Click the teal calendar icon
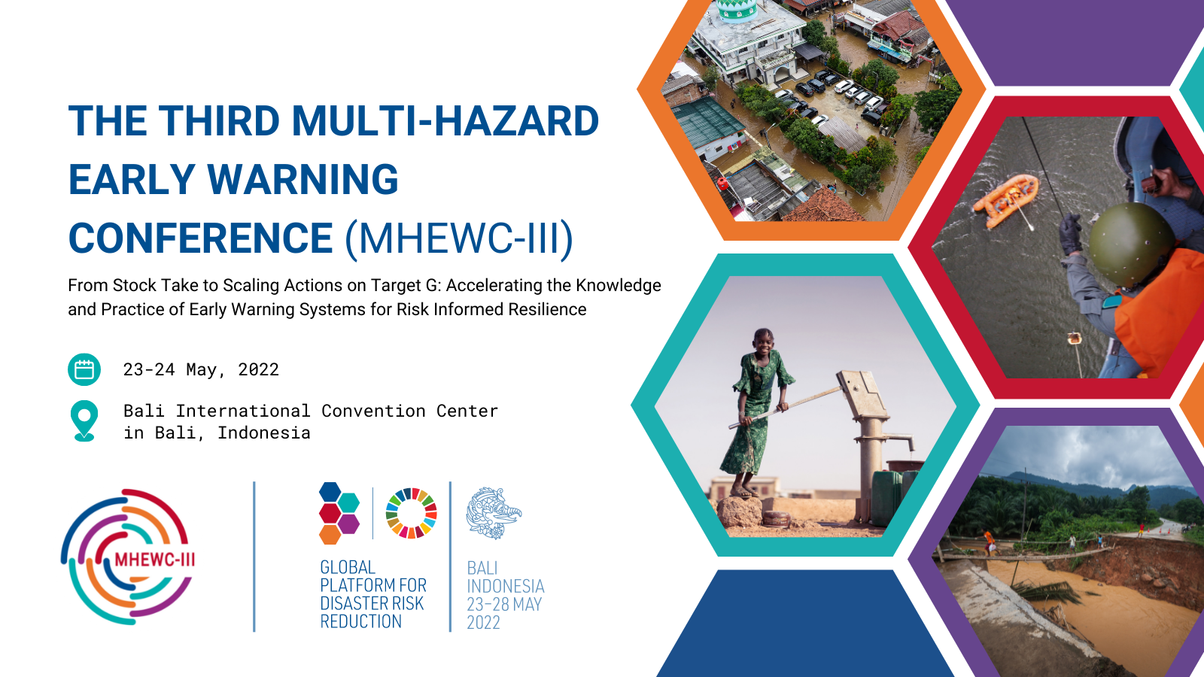tap(84, 369)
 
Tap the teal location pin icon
tap(84, 420)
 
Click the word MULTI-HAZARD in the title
tap(445, 120)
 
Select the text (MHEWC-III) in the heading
tap(459, 238)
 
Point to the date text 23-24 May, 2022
tap(201, 369)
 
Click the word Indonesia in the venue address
tap(264, 433)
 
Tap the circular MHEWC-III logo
tap(128, 557)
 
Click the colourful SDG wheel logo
tap(411, 513)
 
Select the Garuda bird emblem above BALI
tap(494, 513)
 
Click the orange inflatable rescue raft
tap(1006, 201)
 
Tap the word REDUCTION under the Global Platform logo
tap(360, 621)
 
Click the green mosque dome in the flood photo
tap(737, 10)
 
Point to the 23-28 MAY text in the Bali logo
tap(504, 605)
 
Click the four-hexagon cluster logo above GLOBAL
tap(339, 513)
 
